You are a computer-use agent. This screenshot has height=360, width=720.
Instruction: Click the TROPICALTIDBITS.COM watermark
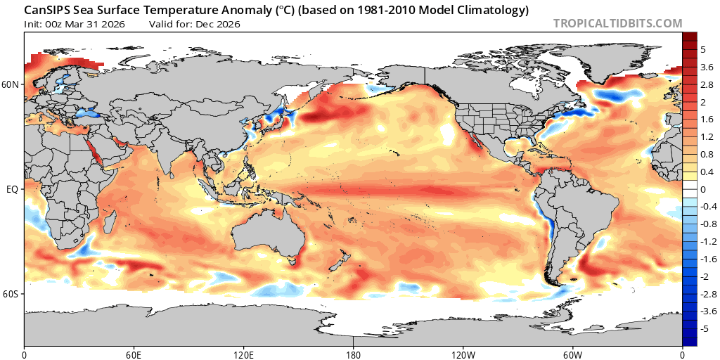(x=617, y=23)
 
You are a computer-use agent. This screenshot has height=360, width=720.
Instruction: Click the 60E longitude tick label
(x=134, y=354)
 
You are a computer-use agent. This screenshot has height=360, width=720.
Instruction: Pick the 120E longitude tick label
(x=244, y=354)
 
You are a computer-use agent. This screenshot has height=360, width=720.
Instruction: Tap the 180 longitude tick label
(x=354, y=354)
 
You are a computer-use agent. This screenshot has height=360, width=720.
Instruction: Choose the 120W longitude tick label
(x=463, y=354)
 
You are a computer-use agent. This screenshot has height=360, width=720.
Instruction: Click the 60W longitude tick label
(x=573, y=354)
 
